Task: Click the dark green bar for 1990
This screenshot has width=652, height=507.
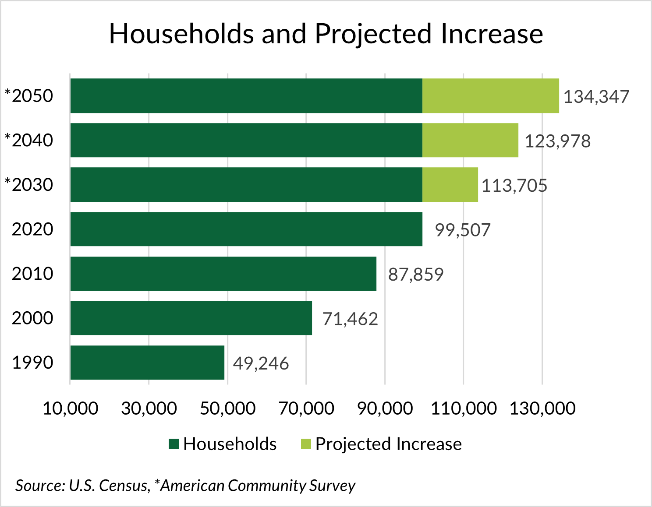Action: pyautogui.click(x=147, y=363)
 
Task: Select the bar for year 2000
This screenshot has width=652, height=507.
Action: pyautogui.click(x=191, y=318)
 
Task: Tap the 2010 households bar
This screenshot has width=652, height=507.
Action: pyautogui.click(x=223, y=274)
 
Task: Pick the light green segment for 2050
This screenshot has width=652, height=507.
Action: pyautogui.click(x=490, y=96)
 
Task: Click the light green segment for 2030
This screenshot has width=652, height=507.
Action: pyautogui.click(x=450, y=185)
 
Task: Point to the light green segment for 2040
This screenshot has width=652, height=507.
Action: pyautogui.click(x=470, y=140)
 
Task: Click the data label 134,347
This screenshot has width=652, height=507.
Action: pyautogui.click(x=596, y=97)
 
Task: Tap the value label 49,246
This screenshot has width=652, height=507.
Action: pyautogui.click(x=261, y=363)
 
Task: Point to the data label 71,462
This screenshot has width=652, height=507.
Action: pyautogui.click(x=350, y=319)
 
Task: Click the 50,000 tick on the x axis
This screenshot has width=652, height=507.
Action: pyautogui.click(x=227, y=408)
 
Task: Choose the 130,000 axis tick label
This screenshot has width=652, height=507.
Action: pyautogui.click(x=542, y=408)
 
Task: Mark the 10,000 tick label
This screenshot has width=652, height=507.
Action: pyautogui.click(x=70, y=408)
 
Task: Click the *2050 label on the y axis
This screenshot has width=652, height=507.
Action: pyautogui.click(x=29, y=96)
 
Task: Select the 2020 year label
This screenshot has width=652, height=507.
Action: pyautogui.click(x=32, y=229)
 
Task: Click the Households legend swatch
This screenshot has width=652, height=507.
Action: pyautogui.click(x=174, y=444)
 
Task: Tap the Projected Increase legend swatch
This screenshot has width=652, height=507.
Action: pyautogui.click(x=306, y=444)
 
